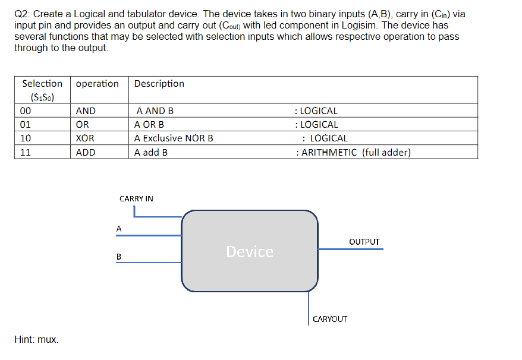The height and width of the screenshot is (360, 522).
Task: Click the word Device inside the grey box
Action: [x=250, y=252]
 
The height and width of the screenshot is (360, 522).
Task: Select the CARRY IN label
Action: [x=136, y=198]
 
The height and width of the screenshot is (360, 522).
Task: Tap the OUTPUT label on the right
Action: [x=364, y=242]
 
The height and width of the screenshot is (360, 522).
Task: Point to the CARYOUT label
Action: [x=330, y=319]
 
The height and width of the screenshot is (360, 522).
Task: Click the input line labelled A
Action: [x=149, y=235]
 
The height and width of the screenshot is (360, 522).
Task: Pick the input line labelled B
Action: [x=149, y=263]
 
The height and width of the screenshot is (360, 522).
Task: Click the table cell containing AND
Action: [x=86, y=111]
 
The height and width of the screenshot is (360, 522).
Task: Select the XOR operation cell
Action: [x=86, y=138]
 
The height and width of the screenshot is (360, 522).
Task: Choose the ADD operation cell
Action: [x=86, y=153]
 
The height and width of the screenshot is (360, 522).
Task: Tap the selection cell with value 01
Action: [x=26, y=125]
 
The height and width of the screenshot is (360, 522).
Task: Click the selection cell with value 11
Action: [x=26, y=153]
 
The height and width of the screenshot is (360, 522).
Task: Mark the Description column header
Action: [x=159, y=84]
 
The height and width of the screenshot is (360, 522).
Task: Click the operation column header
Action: [x=98, y=84]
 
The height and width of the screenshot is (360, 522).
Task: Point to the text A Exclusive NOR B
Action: [x=174, y=138]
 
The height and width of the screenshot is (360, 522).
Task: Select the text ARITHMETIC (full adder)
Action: [x=356, y=153]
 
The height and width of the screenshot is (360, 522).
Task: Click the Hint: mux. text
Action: [x=36, y=340]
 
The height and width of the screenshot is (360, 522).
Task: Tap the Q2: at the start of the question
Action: [x=22, y=14]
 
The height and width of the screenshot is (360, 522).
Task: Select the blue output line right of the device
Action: [x=350, y=249]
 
